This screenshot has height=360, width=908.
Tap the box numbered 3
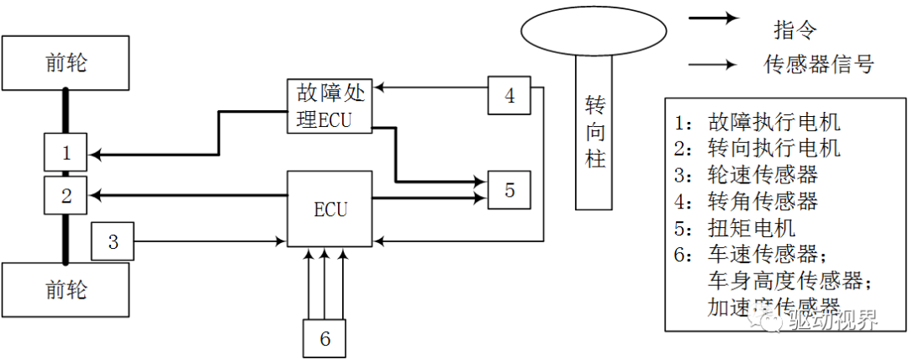pos(113,242)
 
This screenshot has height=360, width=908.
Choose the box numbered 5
pos(509,191)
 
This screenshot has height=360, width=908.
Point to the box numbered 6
pos(325,338)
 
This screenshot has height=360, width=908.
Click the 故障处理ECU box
pos(330,105)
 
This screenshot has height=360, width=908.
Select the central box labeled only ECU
pos(330,209)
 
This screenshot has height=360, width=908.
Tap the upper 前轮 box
pos(66,64)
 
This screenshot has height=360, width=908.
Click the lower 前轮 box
pos(66,290)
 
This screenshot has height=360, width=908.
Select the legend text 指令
pos(794,31)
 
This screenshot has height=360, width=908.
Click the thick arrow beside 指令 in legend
pos(714,18)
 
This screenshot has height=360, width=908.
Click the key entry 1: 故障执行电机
pos(757,122)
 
